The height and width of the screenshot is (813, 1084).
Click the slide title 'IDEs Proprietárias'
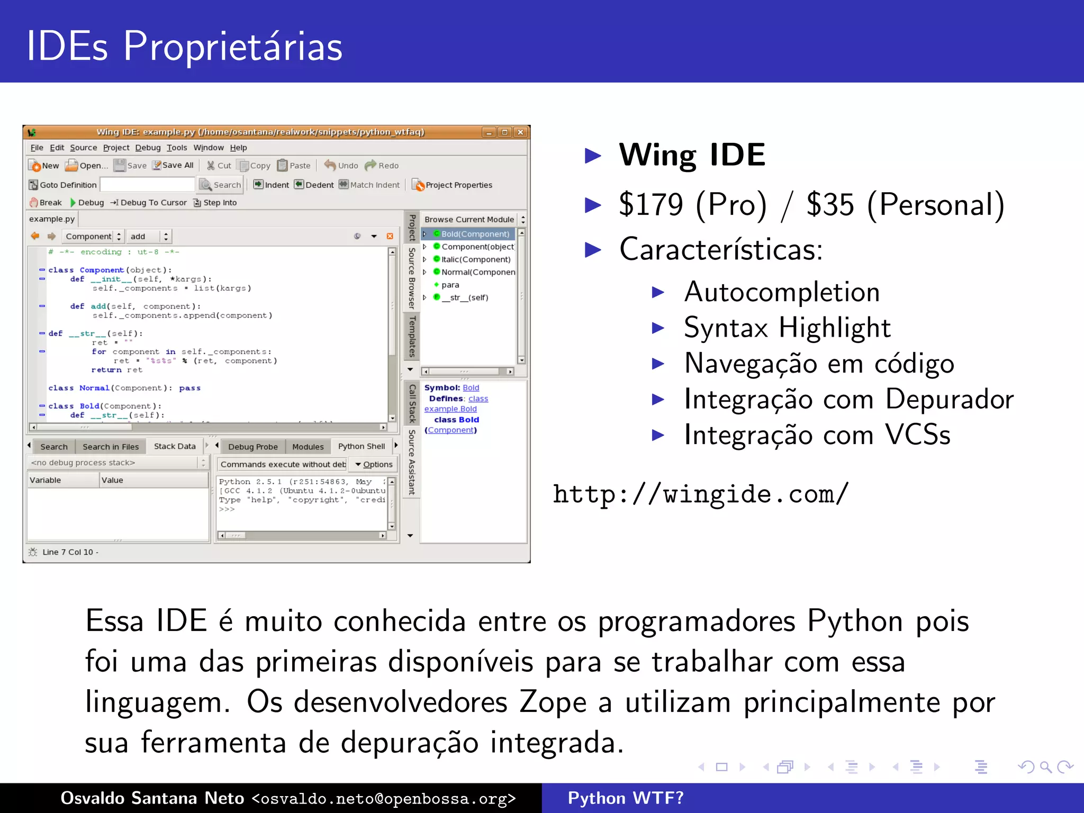(184, 47)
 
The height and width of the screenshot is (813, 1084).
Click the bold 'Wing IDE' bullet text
(692, 155)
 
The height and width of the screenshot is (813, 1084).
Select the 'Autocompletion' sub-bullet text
(781, 292)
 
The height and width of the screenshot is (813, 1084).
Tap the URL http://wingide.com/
(700, 494)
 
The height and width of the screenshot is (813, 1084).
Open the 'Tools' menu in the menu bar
(177, 148)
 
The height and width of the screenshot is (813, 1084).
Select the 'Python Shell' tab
(362, 447)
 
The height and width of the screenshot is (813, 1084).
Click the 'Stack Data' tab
(175, 447)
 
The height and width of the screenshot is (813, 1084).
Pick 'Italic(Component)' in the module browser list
(475, 259)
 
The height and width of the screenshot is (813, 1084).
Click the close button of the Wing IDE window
(521, 132)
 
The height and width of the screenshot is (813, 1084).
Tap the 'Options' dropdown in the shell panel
(374, 465)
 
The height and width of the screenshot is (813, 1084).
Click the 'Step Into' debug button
(215, 203)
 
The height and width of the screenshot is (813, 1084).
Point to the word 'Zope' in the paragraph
(552, 703)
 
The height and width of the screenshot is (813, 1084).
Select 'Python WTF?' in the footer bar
(626, 798)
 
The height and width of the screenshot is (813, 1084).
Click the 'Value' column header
(112, 480)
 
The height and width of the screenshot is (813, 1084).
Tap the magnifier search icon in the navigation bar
(1045, 767)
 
